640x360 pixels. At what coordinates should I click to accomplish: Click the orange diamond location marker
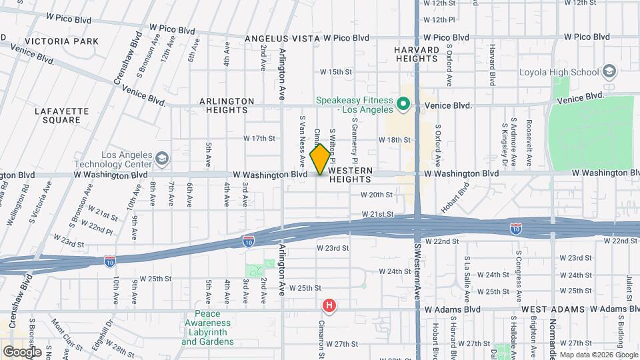[x=321, y=159]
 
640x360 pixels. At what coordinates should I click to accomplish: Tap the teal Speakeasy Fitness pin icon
[x=402, y=104]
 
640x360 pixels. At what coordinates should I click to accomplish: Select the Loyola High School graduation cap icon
[x=608, y=71]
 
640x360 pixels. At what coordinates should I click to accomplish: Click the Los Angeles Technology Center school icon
[x=162, y=159]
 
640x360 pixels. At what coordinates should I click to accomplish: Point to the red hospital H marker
[x=329, y=306]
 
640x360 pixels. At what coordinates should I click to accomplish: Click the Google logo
[x=21, y=351]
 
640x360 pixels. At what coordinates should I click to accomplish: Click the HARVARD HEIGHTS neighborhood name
[x=417, y=54]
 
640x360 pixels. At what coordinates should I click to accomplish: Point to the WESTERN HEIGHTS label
[x=350, y=175]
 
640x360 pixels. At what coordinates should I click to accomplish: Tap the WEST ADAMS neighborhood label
[x=553, y=310]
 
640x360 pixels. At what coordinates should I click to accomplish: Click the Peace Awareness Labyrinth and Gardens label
[x=207, y=328]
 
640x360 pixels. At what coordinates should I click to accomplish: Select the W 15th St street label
[x=335, y=71]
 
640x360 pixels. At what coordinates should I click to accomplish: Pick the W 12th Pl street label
[x=443, y=20]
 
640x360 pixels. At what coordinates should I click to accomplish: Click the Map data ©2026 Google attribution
[x=597, y=354]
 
